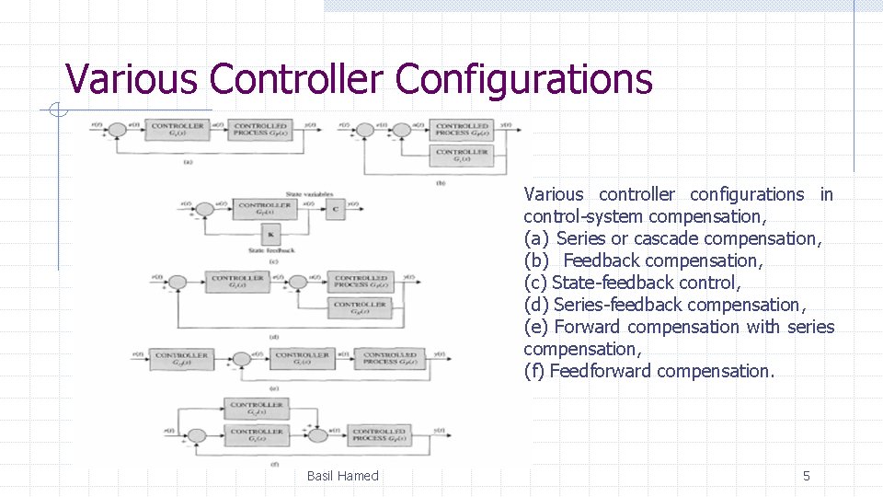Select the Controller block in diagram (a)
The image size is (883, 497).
[x=177, y=130]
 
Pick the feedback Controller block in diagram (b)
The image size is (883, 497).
[x=462, y=156]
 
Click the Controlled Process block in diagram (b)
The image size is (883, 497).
[x=462, y=130]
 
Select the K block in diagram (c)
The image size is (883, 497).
[x=270, y=234]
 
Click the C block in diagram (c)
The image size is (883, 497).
[x=336, y=209]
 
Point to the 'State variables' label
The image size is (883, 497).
[x=307, y=194]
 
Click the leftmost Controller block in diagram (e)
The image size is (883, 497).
[x=181, y=359]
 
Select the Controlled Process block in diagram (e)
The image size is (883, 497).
[x=391, y=359]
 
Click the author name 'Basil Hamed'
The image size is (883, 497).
[x=342, y=476]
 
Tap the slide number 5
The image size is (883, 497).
[x=807, y=476]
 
